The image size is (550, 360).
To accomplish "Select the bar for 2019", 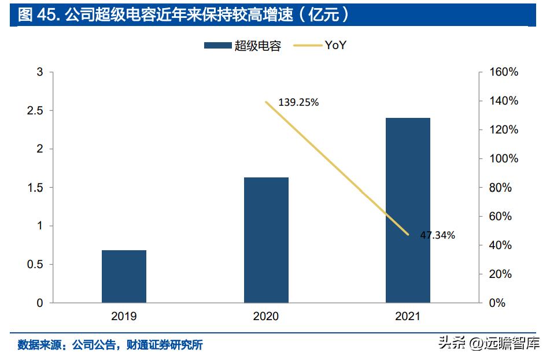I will click(124, 277).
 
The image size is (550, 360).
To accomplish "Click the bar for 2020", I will click(266, 240).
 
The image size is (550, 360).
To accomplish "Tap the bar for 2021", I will click(408, 210).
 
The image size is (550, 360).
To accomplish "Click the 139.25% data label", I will click(298, 102).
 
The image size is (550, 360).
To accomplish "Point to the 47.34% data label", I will click(437, 235).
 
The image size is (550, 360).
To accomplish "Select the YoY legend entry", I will click(322, 45).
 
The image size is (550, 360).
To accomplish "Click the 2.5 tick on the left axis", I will click(35, 111).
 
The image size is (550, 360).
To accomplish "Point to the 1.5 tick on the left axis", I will click(35, 188).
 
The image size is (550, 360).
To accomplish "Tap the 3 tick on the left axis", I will click(40, 72).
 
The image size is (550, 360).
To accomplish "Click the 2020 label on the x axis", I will click(266, 316).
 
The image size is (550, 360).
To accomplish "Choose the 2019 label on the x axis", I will click(124, 316).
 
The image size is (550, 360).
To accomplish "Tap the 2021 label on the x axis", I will click(408, 316).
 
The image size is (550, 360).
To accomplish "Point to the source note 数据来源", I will click(110, 345).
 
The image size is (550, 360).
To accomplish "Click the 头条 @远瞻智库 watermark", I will click(489, 343).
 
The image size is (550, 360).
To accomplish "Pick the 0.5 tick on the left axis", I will click(35, 265).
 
